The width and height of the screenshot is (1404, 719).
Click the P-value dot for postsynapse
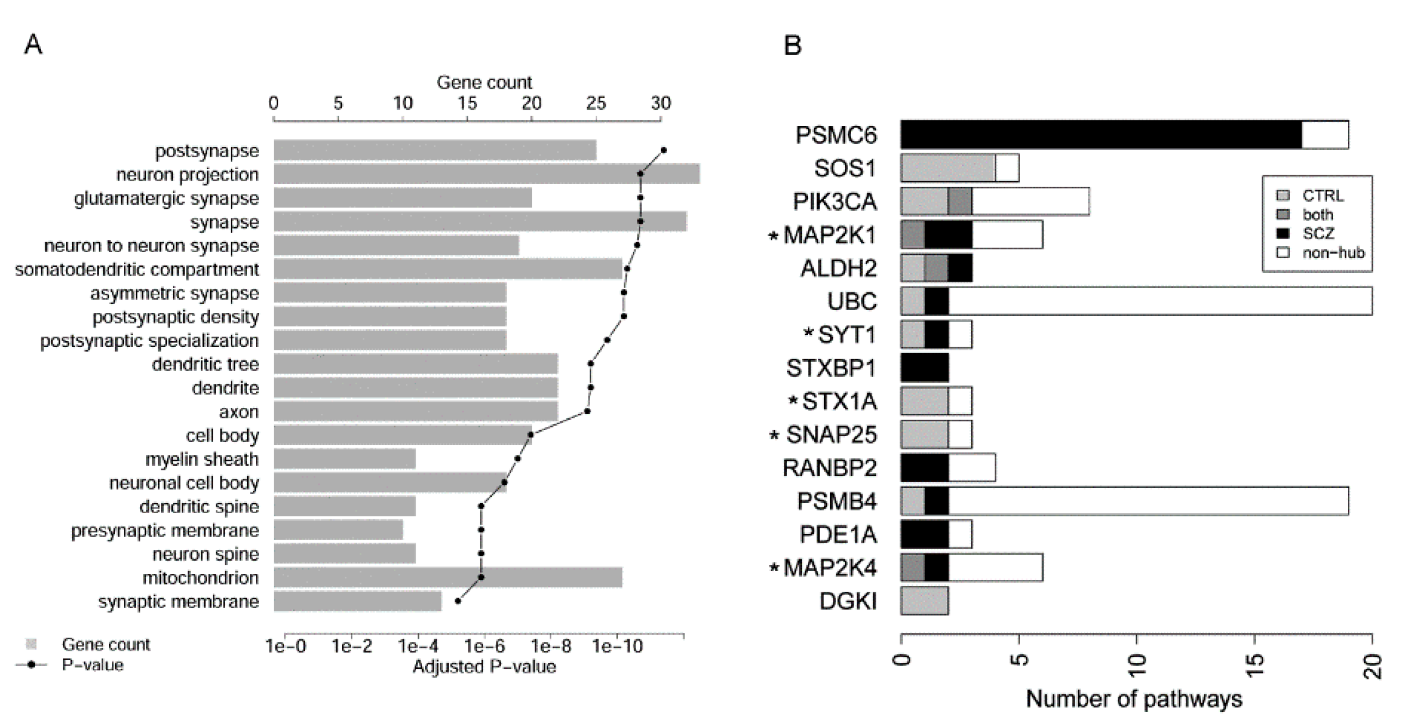pyautogui.click(x=663, y=150)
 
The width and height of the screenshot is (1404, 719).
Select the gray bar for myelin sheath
pyautogui.click(x=344, y=459)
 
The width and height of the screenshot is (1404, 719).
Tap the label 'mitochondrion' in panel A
pyautogui.click(x=200, y=578)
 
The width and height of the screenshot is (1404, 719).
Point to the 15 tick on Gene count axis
pyautogui.click(x=467, y=103)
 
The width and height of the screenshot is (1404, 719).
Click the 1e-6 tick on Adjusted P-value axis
pyautogui.click(x=484, y=646)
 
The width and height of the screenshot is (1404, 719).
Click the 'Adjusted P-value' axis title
pyautogui.click(x=484, y=667)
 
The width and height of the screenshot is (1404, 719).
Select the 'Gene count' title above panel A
pyautogui.click(x=484, y=82)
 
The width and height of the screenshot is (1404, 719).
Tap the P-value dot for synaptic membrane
pyautogui.click(x=458, y=601)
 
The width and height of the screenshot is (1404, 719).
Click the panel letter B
pyautogui.click(x=792, y=45)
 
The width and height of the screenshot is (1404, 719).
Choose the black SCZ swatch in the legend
pyautogui.click(x=1283, y=234)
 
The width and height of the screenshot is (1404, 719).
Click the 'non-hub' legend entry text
pyautogui.click(x=1333, y=253)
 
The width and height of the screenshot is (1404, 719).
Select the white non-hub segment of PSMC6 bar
pyautogui.click(x=1324, y=135)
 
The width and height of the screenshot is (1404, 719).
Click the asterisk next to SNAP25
pyautogui.click(x=774, y=436)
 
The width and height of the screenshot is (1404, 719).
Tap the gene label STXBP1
pyautogui.click(x=831, y=368)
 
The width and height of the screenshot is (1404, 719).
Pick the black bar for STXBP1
pyautogui.click(x=924, y=368)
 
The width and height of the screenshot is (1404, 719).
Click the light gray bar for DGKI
pyautogui.click(x=924, y=601)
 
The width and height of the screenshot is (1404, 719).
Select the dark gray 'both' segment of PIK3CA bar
pyautogui.click(x=959, y=201)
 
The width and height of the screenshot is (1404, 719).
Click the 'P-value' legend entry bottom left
pyautogui.click(x=92, y=665)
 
